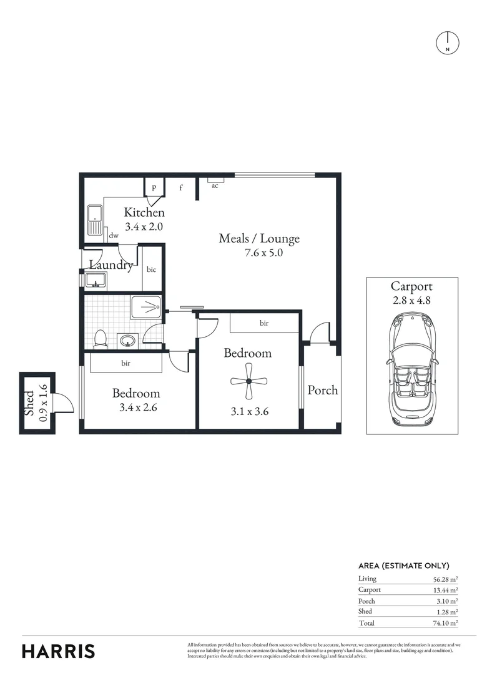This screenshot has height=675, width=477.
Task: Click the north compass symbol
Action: [x=447, y=42]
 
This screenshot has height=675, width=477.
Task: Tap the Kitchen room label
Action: [x=144, y=212]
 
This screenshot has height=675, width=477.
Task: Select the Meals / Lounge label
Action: [x=259, y=238]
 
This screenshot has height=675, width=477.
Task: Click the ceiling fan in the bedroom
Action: [x=248, y=381]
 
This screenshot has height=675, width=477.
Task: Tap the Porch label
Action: [x=322, y=390]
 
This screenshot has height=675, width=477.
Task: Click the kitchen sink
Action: [x=95, y=220]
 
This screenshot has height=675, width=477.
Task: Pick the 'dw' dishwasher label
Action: [x=114, y=236]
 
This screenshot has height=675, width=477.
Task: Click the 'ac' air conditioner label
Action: [x=215, y=186]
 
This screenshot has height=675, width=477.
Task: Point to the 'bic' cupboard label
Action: [x=151, y=269]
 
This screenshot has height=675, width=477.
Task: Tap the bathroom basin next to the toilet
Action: [x=127, y=341]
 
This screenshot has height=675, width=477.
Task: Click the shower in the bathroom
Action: [x=146, y=307]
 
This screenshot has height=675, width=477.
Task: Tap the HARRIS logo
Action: [x=59, y=651]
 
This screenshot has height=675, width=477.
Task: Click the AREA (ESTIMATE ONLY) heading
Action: [x=404, y=566]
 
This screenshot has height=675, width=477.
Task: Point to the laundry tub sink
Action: [x=97, y=279]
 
